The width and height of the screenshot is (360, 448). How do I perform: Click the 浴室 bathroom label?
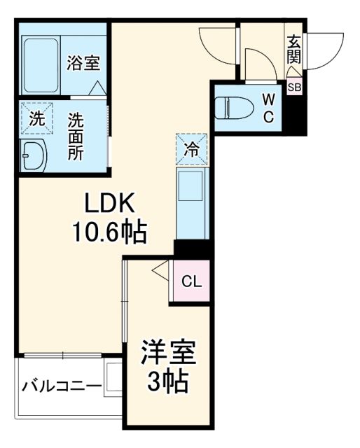point(83,64)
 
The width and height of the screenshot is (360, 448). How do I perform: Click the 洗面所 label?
point(75,136)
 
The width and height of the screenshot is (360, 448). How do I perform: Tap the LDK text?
point(109,204)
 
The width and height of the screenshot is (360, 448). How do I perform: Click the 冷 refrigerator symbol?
point(191,148)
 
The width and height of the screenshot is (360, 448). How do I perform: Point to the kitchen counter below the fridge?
point(191,204)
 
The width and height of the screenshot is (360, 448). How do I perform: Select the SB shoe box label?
point(295,87)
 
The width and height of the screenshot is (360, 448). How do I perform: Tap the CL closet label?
point(191,281)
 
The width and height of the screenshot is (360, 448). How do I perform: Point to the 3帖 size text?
point(168,381)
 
